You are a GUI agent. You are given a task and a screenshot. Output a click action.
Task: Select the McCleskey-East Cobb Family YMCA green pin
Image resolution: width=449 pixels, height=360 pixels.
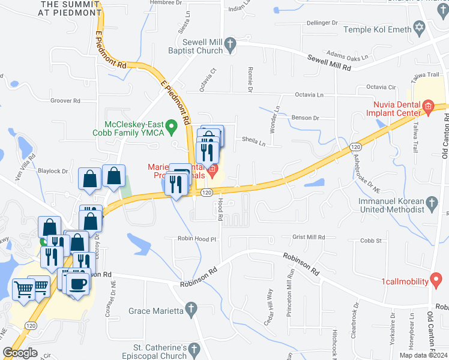click(x=172, y=127)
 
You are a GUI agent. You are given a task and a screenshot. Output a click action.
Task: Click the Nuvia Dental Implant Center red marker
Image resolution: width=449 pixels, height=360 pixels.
click(x=427, y=107)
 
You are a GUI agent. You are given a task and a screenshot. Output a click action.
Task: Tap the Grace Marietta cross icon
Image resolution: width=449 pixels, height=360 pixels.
click(x=191, y=310)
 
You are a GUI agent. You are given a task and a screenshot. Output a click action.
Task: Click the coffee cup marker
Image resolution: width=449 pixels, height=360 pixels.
click(x=79, y=283)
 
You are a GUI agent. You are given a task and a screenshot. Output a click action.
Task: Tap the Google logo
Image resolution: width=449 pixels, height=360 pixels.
click(x=20, y=353)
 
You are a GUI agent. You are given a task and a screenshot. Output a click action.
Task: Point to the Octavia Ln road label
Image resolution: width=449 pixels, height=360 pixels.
click(x=309, y=95)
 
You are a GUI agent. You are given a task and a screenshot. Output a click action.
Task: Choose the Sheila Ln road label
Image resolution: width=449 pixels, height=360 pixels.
click(x=253, y=143)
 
